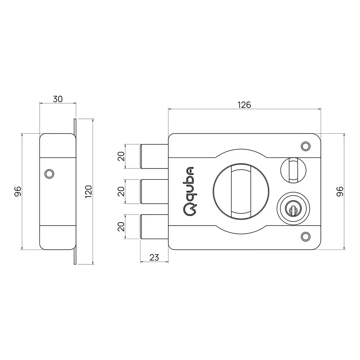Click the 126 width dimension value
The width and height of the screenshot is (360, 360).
[244, 105]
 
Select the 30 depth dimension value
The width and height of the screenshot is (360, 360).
[58, 99]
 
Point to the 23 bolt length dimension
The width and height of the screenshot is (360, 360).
[154, 257]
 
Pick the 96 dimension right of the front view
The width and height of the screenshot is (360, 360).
[339, 191]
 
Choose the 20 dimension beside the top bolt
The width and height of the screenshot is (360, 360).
[121, 156]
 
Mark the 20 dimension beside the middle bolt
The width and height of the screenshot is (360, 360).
[121, 191]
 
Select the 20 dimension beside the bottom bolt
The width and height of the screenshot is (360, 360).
[121, 226]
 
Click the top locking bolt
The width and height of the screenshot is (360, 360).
[153, 156]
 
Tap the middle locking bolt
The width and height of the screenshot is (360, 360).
[153, 191]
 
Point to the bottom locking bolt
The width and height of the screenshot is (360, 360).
[153, 226]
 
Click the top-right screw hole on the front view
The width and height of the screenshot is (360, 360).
[305, 146]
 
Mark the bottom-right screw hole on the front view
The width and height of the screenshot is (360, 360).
[305, 236]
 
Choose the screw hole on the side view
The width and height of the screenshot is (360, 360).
[49, 174]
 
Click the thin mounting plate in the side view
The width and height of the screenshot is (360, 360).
[75, 191]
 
